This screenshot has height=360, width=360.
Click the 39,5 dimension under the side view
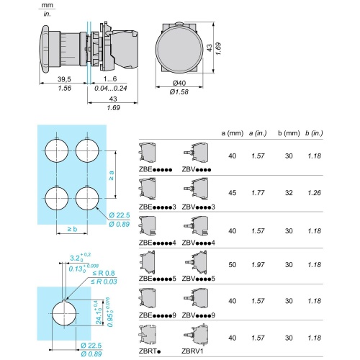click(x=64, y=79)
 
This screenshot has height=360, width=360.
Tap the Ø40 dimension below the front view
click(x=179, y=83)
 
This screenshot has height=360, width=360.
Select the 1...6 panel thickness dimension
click(x=110, y=78)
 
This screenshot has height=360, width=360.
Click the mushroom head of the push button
click(x=44, y=48)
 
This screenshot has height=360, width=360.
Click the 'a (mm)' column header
click(x=233, y=133)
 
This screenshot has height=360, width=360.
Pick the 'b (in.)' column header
click(x=314, y=133)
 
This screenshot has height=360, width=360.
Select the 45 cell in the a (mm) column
click(x=233, y=193)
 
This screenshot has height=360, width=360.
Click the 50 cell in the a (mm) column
click(x=233, y=265)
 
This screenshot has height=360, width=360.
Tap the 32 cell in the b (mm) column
click(x=289, y=193)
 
